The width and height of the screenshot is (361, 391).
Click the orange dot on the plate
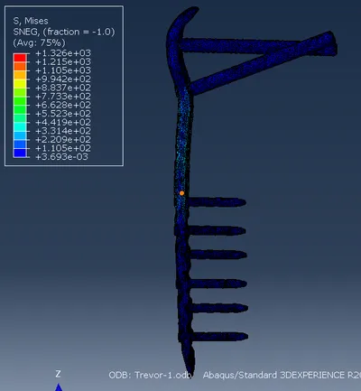click(x=181, y=193)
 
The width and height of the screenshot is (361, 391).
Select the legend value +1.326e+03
click(x=63, y=53)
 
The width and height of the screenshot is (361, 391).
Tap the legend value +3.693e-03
click(x=61, y=157)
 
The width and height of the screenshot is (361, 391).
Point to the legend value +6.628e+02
click(x=63, y=105)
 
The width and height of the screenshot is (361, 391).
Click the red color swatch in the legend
click(x=20, y=58)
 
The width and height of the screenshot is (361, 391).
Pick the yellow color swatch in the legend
click(x=20, y=83)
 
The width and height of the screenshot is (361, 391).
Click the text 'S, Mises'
click(x=31, y=21)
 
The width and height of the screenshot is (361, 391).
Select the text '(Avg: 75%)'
click(x=39, y=42)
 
